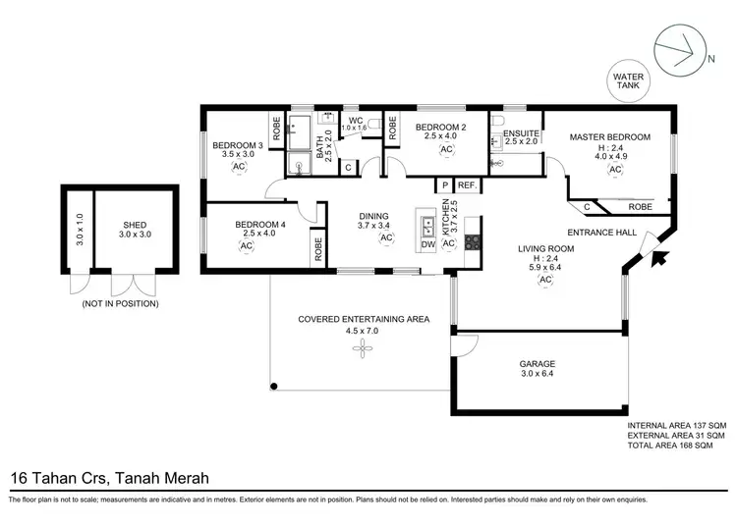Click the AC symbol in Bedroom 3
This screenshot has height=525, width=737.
coord(238,168)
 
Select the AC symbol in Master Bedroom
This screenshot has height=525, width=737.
coord(616,169)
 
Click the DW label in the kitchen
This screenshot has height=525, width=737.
coord(428,245)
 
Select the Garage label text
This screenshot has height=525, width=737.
coord(537,363)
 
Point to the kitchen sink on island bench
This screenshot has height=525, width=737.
coord(428,226)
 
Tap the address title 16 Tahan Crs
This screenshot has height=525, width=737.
coord(108,479)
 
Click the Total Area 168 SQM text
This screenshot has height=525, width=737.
coord(676,446)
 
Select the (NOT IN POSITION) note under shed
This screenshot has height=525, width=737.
coord(120,303)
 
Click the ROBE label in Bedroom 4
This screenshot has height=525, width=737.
coord(318,247)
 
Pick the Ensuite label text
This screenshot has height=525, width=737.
coord(520,132)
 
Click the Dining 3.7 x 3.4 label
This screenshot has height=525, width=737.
coord(373,222)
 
